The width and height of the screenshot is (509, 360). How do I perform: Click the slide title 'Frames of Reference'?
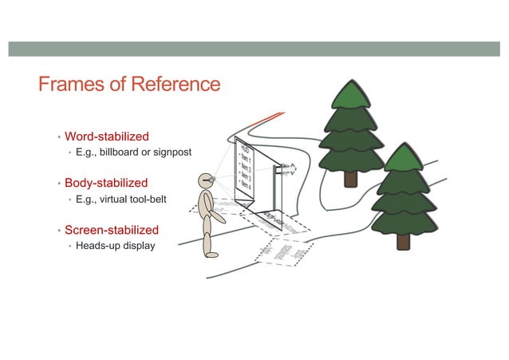click(128, 84)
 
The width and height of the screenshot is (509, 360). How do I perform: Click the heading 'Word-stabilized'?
click(106, 136)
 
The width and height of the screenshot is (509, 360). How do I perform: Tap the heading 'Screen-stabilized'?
click(111, 230)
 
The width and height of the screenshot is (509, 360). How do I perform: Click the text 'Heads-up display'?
click(115, 245)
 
